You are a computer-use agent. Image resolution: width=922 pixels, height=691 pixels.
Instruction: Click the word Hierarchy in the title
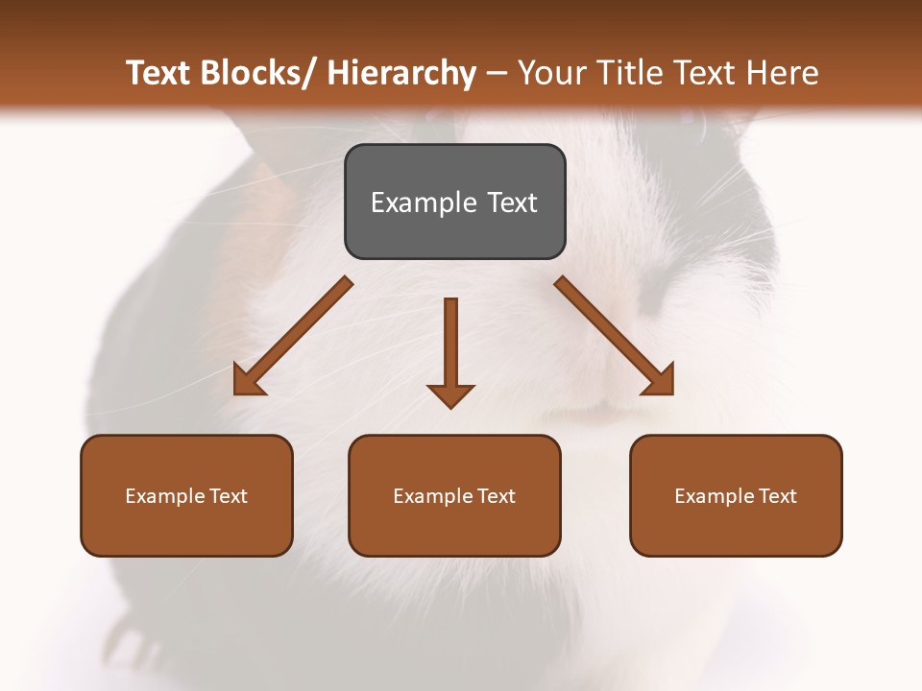coord(400,73)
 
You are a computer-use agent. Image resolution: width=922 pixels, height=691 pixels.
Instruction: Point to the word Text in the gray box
coord(512,203)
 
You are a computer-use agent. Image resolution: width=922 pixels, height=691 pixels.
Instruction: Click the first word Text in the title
coord(157,73)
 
